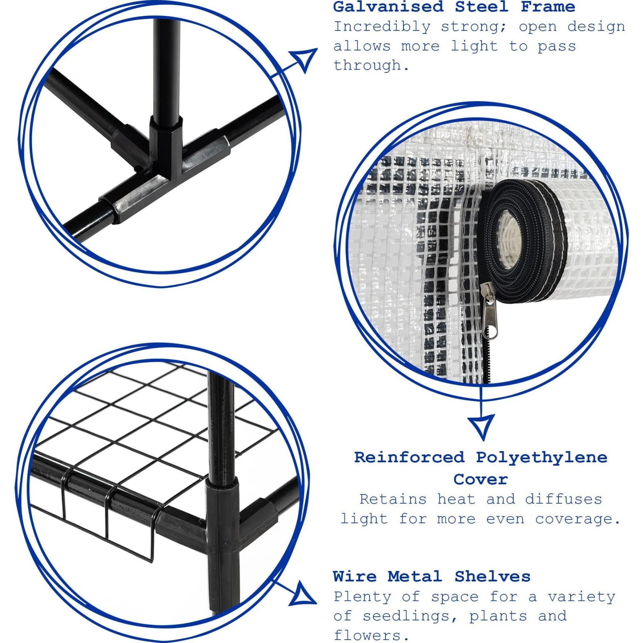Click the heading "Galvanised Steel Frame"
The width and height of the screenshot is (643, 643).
(454, 7)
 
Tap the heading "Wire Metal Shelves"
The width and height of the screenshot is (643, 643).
(432, 576)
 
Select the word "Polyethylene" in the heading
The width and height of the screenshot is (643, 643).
(541, 458)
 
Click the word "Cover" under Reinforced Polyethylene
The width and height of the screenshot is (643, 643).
(480, 479)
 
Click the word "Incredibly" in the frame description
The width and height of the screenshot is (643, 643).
(382, 27)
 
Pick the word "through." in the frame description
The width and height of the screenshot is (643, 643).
(371, 65)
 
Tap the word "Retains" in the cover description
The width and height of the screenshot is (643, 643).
(393, 499)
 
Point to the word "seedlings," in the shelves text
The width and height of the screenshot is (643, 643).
(410, 616)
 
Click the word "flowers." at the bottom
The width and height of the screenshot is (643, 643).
(371, 636)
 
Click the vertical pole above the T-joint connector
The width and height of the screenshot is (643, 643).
(167, 68)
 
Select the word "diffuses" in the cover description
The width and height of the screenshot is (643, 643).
(564, 499)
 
